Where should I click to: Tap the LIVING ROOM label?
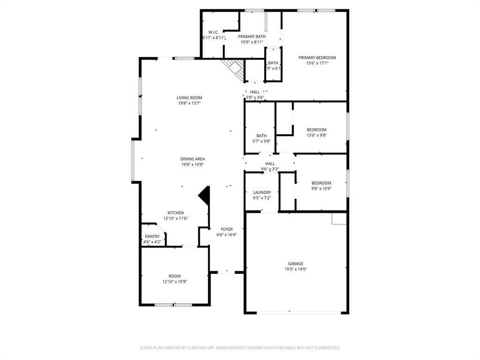(x=189, y=98)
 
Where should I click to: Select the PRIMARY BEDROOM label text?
(x=317, y=58)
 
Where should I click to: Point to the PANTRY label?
(x=152, y=237)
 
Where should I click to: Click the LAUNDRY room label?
(x=262, y=192)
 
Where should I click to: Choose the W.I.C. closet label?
(x=213, y=32)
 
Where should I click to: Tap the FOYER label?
(x=227, y=229)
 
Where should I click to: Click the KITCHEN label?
(x=176, y=213)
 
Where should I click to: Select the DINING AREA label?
(x=193, y=159)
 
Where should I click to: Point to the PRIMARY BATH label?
(x=252, y=37)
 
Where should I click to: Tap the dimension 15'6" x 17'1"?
(x=317, y=63)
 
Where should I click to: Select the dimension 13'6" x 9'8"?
(x=316, y=135)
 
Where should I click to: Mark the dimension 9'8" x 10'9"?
(x=322, y=189)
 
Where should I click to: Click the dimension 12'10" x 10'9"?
(x=174, y=282)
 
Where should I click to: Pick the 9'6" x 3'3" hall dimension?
(x=270, y=169)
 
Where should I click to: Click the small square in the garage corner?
(x=338, y=218)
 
